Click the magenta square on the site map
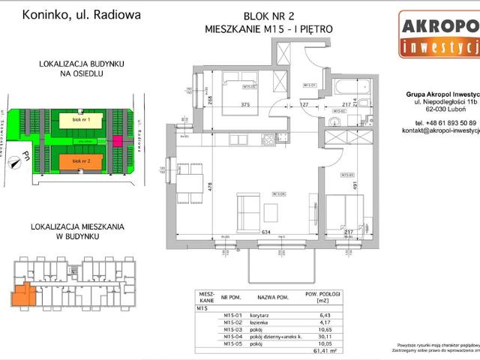[x=117, y=141]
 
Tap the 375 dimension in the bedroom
[x=245, y=105]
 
